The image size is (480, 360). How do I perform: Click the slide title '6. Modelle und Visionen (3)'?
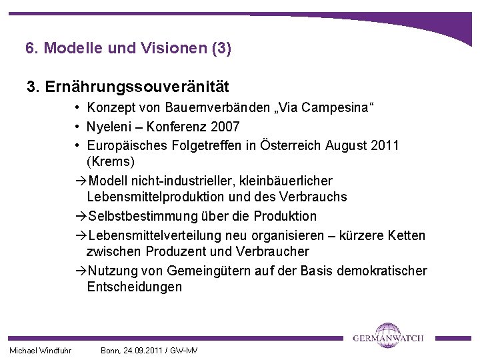point(128,48)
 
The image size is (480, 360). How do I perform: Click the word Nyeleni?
point(110,127)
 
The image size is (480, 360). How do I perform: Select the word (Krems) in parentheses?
point(111,162)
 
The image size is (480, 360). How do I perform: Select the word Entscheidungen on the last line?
point(134,287)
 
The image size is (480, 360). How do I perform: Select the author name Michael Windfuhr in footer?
point(41,351)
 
